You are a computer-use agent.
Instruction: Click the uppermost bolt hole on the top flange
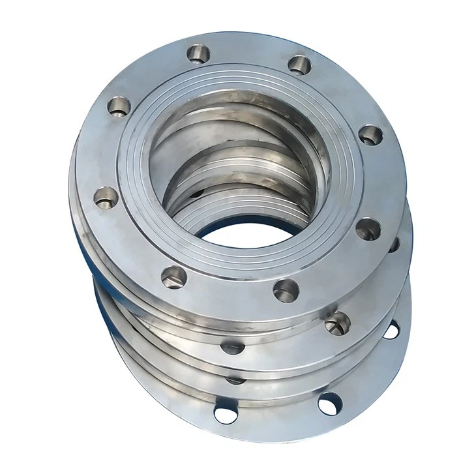pyautogui.click(x=198, y=52)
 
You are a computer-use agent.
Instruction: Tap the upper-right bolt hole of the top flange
pyautogui.click(x=299, y=65)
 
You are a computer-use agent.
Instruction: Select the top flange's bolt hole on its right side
pyautogui.click(x=370, y=135)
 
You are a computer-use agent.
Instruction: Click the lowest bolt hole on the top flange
pyautogui.click(x=286, y=290)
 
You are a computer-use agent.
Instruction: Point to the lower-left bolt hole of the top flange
pyautogui.click(x=174, y=276)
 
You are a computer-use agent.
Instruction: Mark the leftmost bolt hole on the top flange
pyautogui.click(x=106, y=196)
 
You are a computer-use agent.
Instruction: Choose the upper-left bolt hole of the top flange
pyautogui.click(x=119, y=105)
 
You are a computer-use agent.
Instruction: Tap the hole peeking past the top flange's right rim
pyautogui.click(x=394, y=245)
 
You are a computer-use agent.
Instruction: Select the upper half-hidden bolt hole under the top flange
pyautogui.click(x=233, y=347)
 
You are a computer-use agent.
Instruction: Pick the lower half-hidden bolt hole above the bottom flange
pyautogui.click(x=236, y=379)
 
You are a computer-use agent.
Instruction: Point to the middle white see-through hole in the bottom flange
pyautogui.click(x=329, y=403)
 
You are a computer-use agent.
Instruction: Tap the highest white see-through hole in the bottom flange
pyautogui.click(x=391, y=330)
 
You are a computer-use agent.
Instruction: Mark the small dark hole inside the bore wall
pyautogui.click(x=197, y=194)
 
